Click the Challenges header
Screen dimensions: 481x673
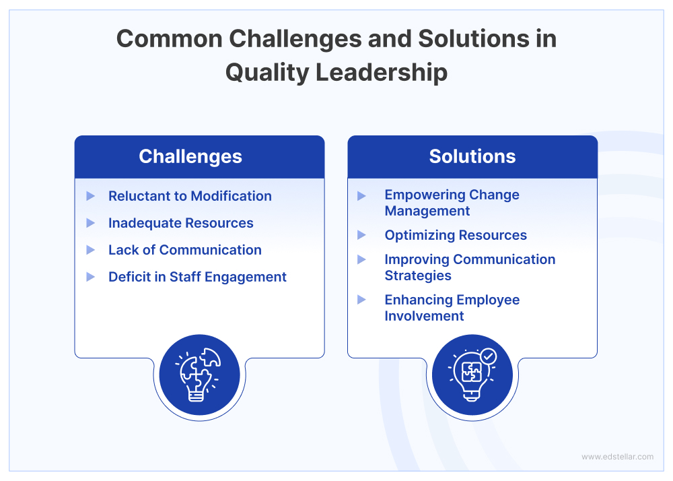[190, 157]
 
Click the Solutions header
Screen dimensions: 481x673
[472, 157]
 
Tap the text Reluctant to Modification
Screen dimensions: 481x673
[190, 196]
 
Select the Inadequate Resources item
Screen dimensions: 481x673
[180, 223]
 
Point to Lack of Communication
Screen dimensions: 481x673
[184, 250]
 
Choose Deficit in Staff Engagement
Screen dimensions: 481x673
[197, 277]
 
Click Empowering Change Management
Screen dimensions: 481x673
[452, 203]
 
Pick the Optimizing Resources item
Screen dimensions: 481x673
[456, 235]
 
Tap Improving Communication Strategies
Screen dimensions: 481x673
[470, 267]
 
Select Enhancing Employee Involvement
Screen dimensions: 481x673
[452, 308]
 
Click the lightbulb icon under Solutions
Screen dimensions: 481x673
[471, 376]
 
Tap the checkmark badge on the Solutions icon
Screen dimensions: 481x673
[488, 356]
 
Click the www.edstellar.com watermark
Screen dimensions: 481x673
[617, 457]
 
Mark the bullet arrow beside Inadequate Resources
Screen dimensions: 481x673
[91, 223]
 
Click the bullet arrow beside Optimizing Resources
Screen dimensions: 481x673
[362, 235]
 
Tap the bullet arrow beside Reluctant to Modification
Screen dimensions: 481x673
[91, 196]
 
